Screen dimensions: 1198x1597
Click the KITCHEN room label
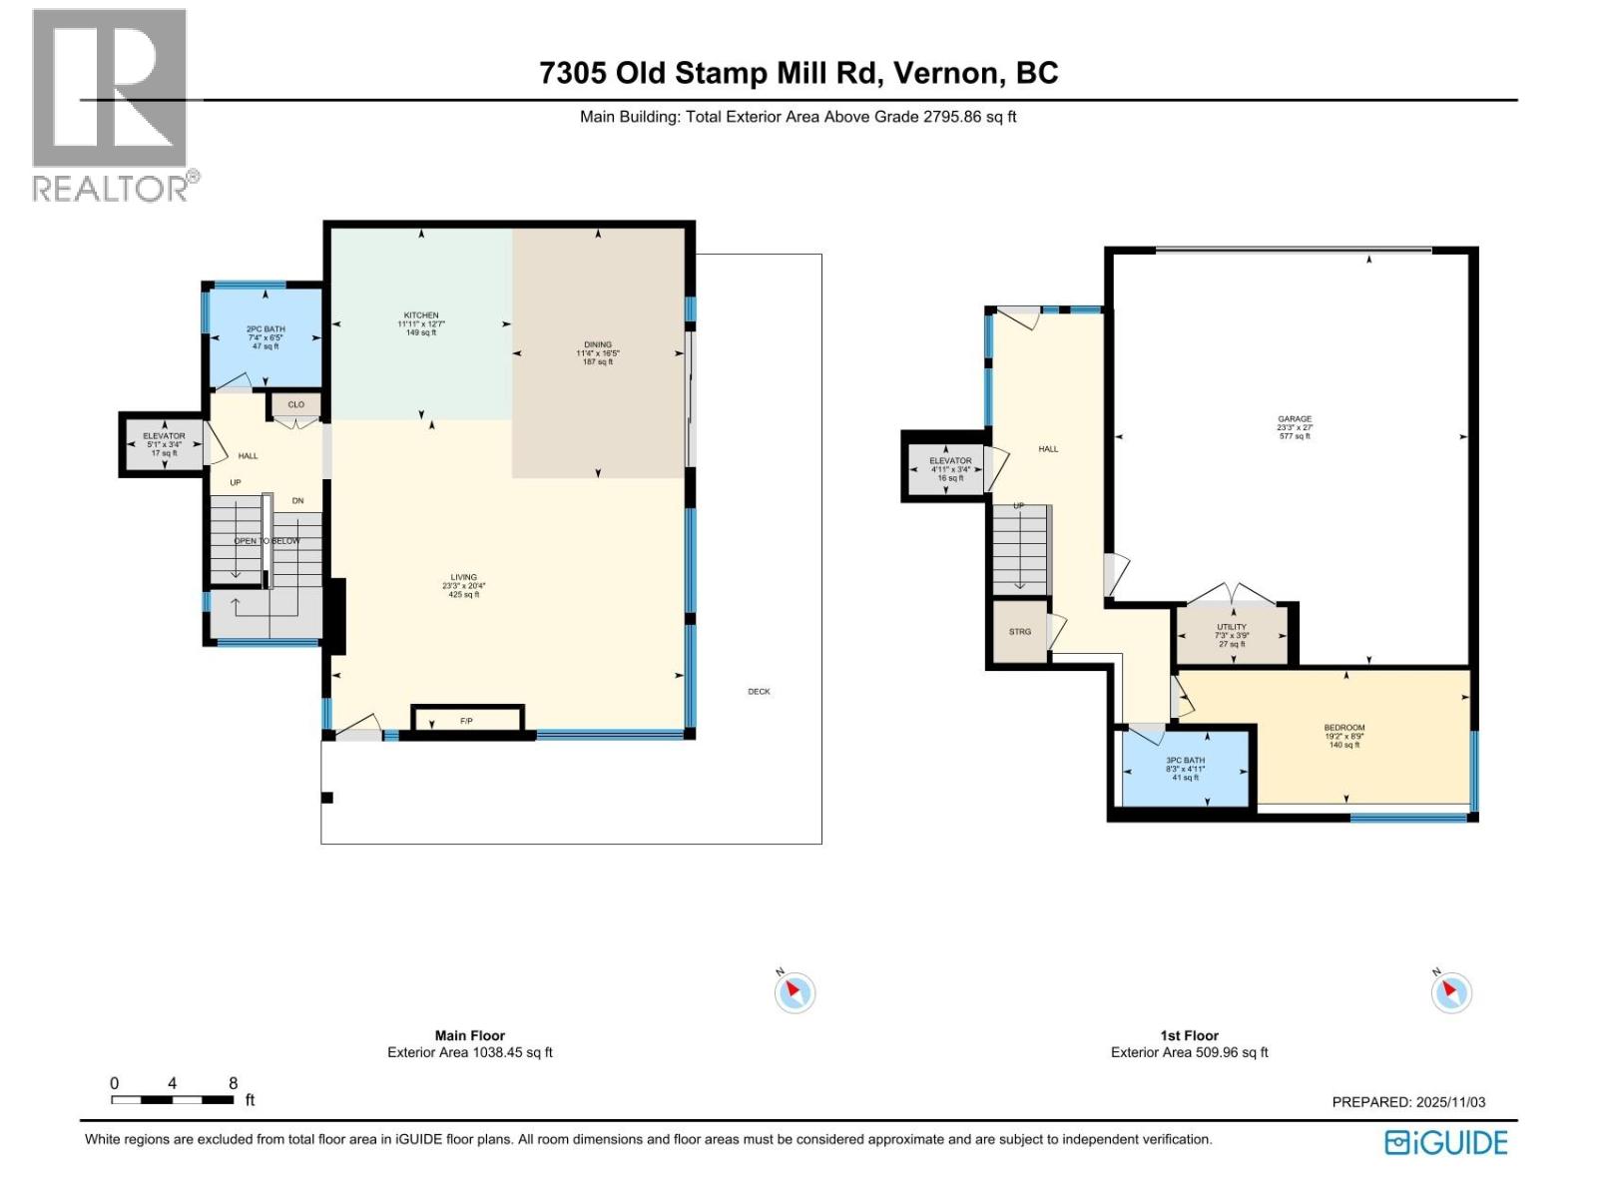click(x=421, y=315)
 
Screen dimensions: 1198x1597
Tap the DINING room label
click(x=598, y=345)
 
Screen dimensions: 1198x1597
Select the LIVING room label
click(x=463, y=578)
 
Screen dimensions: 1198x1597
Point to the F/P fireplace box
click(x=467, y=720)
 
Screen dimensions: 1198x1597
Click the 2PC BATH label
click(x=266, y=329)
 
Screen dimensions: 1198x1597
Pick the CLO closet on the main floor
click(x=295, y=405)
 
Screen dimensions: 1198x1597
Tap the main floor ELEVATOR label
click(x=164, y=436)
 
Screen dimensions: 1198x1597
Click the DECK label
click(x=759, y=691)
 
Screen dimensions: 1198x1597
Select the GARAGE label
click(x=1295, y=419)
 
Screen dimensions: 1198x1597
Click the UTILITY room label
click(x=1232, y=628)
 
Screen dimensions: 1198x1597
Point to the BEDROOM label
click(x=1344, y=728)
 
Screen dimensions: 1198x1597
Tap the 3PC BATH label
click(x=1185, y=761)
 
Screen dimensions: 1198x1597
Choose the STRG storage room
click(x=1019, y=632)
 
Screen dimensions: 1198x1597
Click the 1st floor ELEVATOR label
click(x=950, y=461)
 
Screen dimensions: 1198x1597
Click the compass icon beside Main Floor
click(x=795, y=992)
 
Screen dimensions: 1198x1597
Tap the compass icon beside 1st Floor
click(x=1450, y=992)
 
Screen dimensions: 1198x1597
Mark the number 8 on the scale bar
click(x=233, y=1083)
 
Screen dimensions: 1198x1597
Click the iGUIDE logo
click(x=1446, y=1143)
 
